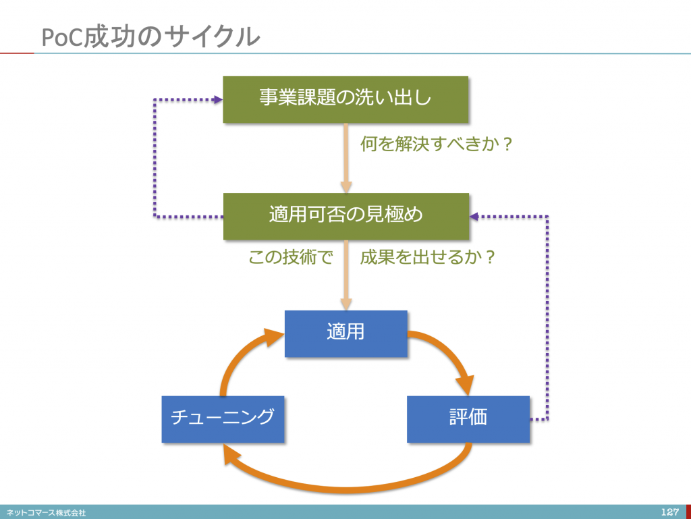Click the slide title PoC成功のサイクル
[x=150, y=36]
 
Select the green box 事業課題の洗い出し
[x=345, y=100]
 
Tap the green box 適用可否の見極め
[x=346, y=217]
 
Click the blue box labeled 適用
[x=346, y=333]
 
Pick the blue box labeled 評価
[x=468, y=419]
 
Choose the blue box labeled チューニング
[x=223, y=419]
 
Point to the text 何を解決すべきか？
[x=437, y=144]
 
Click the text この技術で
[x=290, y=257]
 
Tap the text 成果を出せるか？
[x=428, y=257]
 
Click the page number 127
[x=670, y=512]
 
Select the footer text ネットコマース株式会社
[x=47, y=512]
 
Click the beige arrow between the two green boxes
[x=346, y=158]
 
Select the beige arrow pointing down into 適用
[x=346, y=275]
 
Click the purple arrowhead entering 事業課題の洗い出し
[x=218, y=100]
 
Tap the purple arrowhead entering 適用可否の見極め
[x=474, y=217]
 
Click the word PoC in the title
[x=61, y=37]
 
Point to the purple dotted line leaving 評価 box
[x=547, y=317]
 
